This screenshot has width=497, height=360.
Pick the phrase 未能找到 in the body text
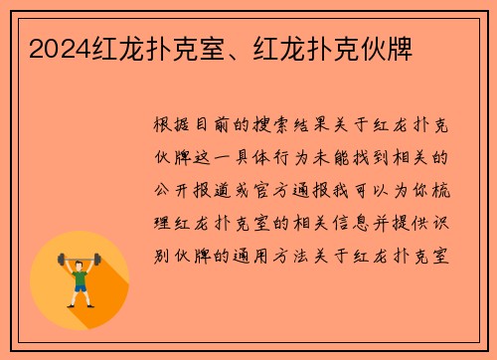[384, 156]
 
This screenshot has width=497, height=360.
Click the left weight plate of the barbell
[61, 262]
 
